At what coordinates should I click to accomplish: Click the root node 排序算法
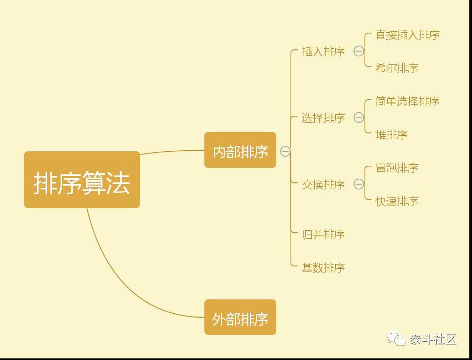[82, 180]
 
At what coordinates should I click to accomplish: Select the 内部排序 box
[240, 150]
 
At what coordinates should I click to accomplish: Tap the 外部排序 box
[240, 317]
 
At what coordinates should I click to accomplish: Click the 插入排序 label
[323, 52]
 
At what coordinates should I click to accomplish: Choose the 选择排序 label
[323, 118]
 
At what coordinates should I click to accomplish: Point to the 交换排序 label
[323, 185]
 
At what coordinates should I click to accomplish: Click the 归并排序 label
[323, 234]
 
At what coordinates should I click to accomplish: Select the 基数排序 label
[323, 268]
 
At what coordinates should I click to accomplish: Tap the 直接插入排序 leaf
[408, 35]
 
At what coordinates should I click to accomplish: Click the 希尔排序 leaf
[397, 68]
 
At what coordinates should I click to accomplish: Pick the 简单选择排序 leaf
[408, 101]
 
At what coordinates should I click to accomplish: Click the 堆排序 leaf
[392, 135]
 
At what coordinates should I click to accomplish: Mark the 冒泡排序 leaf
[397, 168]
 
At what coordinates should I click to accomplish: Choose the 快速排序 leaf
[397, 201]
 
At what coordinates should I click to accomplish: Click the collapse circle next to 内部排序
[285, 151]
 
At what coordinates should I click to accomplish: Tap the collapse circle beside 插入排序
[359, 52]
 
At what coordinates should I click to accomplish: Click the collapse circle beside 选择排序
[359, 118]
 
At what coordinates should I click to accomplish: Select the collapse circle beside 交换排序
[359, 185]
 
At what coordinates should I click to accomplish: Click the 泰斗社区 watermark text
[433, 339]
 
